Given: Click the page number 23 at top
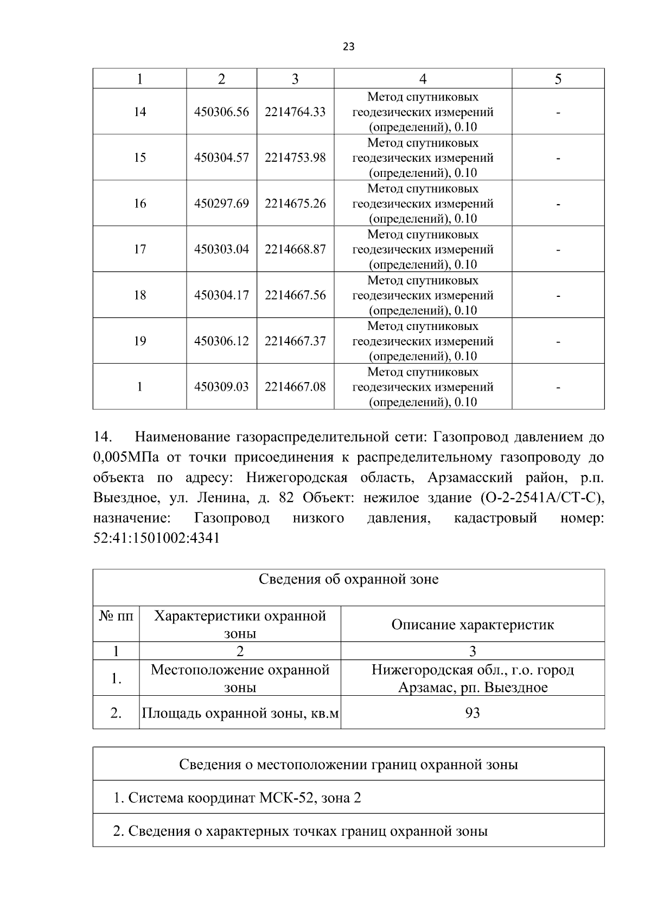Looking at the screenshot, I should point(349,47).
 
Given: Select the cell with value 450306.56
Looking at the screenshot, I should point(221,112).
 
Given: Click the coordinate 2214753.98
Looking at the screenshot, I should point(295,157).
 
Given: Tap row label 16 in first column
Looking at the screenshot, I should point(139,204).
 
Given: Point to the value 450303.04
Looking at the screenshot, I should point(221,249).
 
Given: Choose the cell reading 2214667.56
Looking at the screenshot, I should point(295,295).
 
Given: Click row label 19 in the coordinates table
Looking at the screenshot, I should point(139,341).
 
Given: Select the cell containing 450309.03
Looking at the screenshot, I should point(221,387).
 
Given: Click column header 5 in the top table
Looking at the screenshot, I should point(558,79).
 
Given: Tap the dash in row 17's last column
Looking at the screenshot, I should point(558,250).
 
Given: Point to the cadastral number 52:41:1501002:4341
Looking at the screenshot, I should point(156,539).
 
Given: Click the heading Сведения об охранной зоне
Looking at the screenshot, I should point(348,579).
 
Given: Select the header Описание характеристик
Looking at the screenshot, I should point(473,625).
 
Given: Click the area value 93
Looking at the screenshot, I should point(473,713).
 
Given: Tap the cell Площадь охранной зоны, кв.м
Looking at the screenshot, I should point(240,713).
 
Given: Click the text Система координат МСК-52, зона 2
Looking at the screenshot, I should point(237,798).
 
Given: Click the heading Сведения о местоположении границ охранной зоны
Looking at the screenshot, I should point(348,765).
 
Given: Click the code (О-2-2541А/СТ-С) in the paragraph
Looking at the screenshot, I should point(542,498).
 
